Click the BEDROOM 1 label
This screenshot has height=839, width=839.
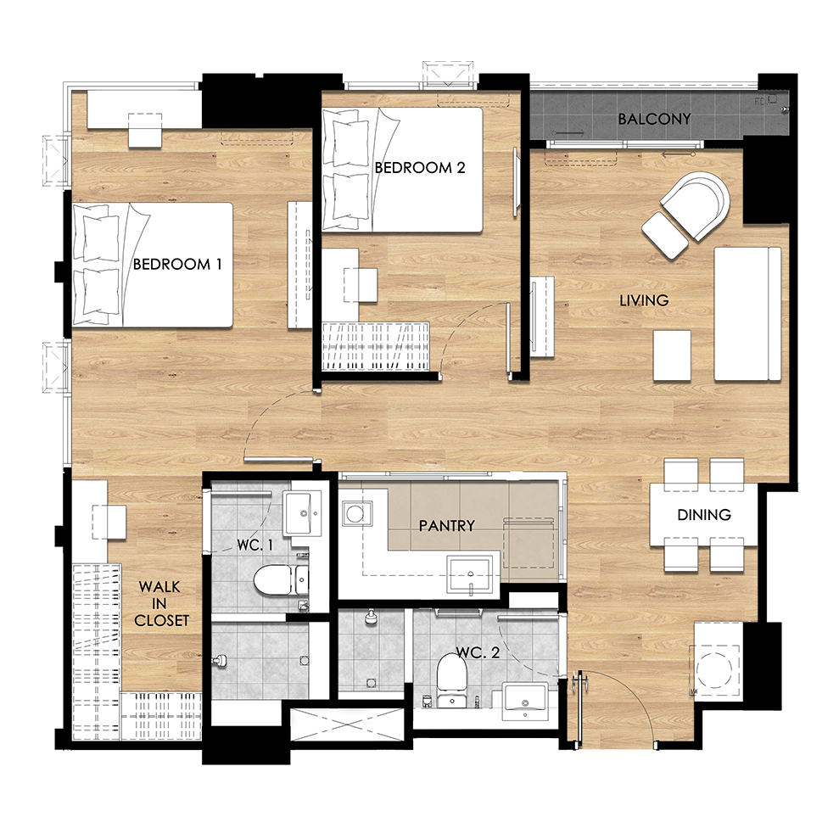177,264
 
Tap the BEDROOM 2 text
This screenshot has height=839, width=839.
419,167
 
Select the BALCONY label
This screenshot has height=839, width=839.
654,119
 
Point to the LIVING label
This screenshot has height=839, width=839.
644,300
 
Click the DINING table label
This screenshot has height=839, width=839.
704,515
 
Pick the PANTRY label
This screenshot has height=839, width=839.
447,526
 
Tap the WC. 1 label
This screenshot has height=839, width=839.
255,545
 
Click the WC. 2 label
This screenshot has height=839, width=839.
478,652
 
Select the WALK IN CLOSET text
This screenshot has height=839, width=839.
161,603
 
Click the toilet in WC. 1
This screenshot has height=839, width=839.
280,580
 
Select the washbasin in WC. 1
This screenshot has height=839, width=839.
302,513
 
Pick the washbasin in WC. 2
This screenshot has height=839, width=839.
525,702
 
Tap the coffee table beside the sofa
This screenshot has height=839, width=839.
672,355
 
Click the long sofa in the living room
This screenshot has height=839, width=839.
747,314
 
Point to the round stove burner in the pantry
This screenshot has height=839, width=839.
355,514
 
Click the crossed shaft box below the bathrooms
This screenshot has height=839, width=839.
347,724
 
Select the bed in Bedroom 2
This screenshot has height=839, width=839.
402,171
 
